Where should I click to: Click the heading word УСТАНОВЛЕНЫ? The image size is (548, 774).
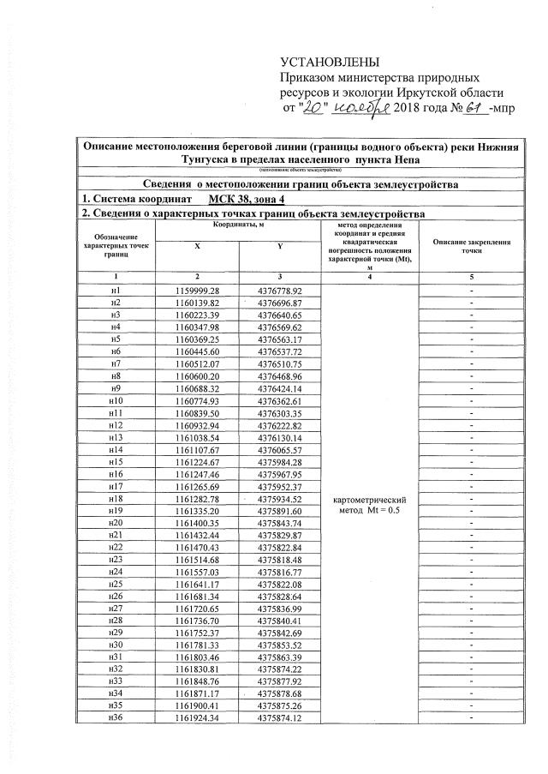pyautogui.click(x=330, y=64)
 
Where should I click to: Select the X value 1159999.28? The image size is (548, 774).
pyautogui.click(x=198, y=291)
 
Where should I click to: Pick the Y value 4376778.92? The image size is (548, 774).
pyautogui.click(x=279, y=291)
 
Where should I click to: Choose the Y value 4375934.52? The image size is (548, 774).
pyautogui.click(x=279, y=499)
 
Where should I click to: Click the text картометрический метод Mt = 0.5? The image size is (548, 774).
pyautogui.click(x=367, y=505)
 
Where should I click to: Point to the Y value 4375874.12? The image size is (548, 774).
pyautogui.click(x=279, y=717)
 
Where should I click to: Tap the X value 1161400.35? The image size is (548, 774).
pyautogui.click(x=198, y=523)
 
